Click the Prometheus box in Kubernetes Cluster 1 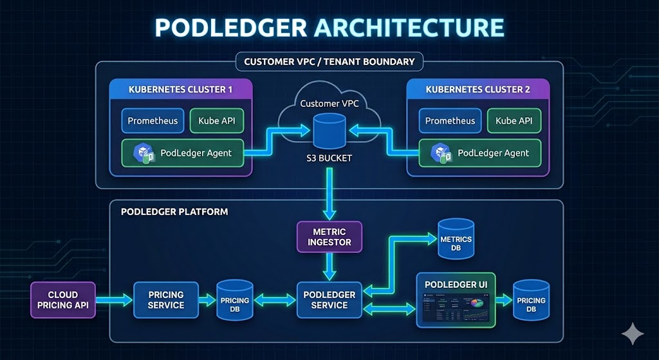152,121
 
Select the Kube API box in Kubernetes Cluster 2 514,121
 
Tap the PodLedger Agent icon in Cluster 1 142,153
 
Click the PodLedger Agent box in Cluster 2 480,153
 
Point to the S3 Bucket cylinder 329,131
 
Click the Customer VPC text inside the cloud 329,104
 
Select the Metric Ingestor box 329,236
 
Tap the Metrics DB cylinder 456,240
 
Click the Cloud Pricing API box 63,299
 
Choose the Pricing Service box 166,299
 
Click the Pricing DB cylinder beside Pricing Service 235,300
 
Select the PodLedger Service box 329,299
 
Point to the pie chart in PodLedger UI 477,302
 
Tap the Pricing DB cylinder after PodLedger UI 531,300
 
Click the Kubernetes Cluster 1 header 181,90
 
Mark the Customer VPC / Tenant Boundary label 329,62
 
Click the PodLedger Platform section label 174,211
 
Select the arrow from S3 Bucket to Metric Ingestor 329,193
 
